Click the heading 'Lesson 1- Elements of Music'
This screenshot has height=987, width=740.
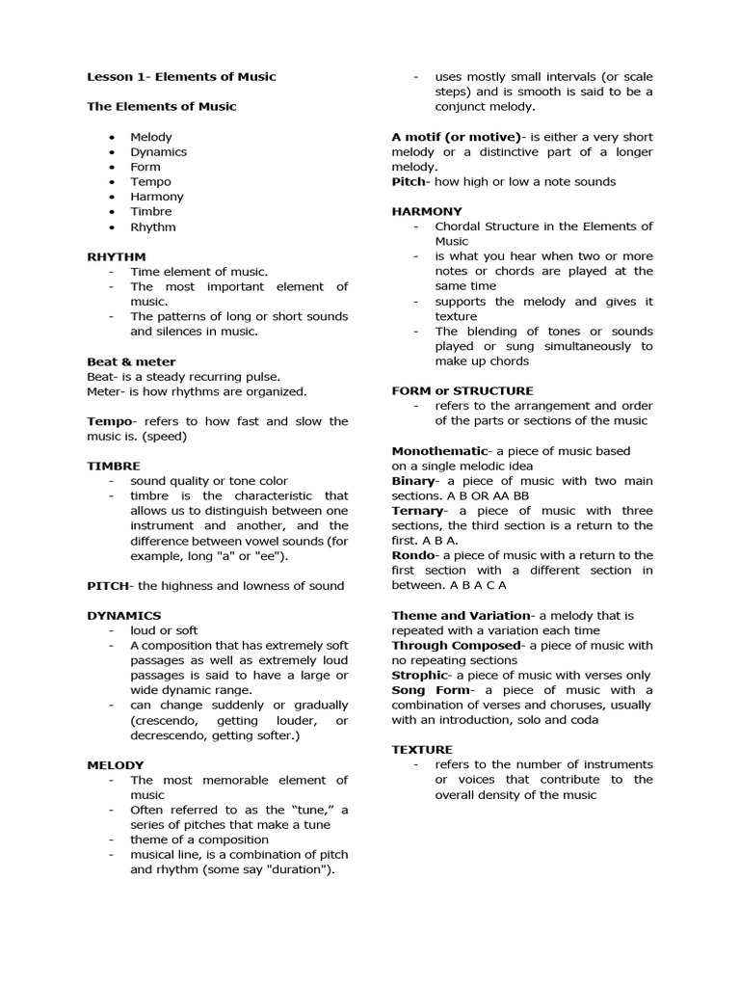pyautogui.click(x=181, y=77)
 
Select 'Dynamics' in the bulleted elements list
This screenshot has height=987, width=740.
pyautogui.click(x=159, y=152)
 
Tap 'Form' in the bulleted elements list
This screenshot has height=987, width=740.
pyautogui.click(x=145, y=167)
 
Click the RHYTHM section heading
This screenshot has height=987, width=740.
pyautogui.click(x=117, y=257)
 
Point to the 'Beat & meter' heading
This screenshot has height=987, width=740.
pyautogui.click(x=131, y=361)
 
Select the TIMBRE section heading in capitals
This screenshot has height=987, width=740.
pyautogui.click(x=114, y=466)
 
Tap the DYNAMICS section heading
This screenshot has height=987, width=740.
pyautogui.click(x=124, y=615)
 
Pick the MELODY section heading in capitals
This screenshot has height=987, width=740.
pyautogui.click(x=116, y=765)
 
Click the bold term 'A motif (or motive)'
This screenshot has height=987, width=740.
pyautogui.click(x=456, y=137)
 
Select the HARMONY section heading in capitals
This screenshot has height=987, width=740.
pyautogui.click(x=427, y=211)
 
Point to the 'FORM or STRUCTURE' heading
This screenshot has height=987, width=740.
pyautogui.click(x=462, y=391)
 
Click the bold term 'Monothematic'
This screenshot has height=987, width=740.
pyautogui.click(x=438, y=451)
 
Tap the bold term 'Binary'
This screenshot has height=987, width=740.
pyautogui.click(x=413, y=481)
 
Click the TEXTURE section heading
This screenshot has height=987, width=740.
pyautogui.click(x=422, y=750)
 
